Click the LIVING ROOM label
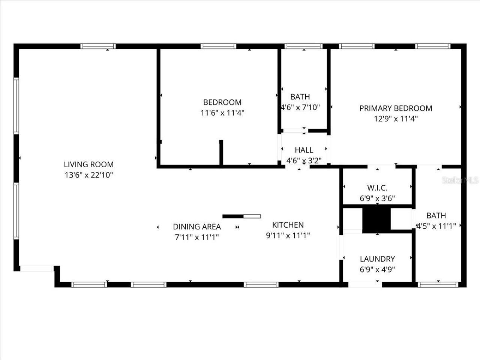pos(88,164)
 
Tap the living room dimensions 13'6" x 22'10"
pos(88,175)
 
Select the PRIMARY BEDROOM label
pos(396,108)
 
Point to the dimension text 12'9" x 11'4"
pos(396,119)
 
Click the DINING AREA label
pos(197,226)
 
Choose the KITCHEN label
pos(288,225)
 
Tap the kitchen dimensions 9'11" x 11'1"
pos(288,235)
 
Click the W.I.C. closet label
pos(377,187)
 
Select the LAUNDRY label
pos(377,259)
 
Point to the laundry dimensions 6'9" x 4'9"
pos(377,269)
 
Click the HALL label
pos(304,150)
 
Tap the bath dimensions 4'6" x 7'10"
pos(300,107)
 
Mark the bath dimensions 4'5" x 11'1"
pos(436,226)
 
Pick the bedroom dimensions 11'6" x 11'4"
pos(222,112)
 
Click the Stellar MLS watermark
pos(460,180)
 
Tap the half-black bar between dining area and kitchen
pos(241,216)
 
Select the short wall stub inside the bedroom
pos(221,152)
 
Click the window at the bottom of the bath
pos(438,285)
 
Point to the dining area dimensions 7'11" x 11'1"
pos(197,237)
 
